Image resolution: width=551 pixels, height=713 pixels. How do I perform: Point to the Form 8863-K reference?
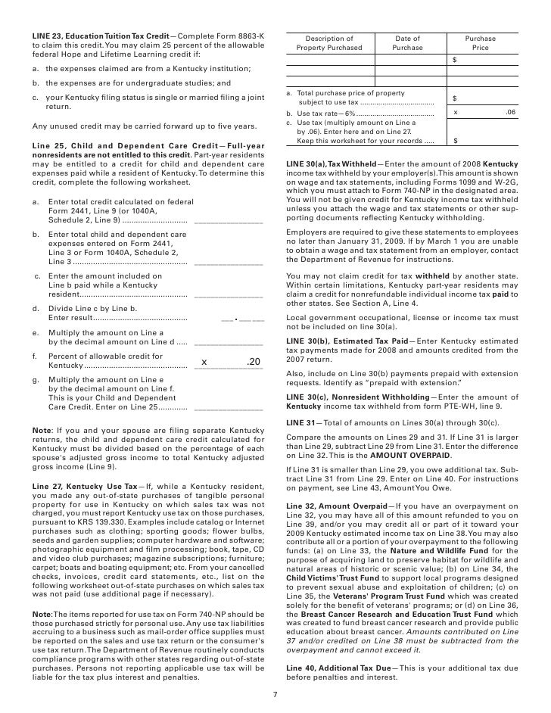point(242,36)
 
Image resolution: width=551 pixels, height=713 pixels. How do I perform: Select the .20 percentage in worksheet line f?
point(254,363)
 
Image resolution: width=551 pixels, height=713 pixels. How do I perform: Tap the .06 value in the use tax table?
point(509,112)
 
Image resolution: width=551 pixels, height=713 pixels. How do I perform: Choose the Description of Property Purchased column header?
point(329,43)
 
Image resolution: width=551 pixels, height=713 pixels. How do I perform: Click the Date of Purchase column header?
point(408,43)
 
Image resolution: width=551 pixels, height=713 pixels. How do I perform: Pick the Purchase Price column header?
point(481,43)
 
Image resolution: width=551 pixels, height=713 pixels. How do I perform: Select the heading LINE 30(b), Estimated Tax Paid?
point(347,341)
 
